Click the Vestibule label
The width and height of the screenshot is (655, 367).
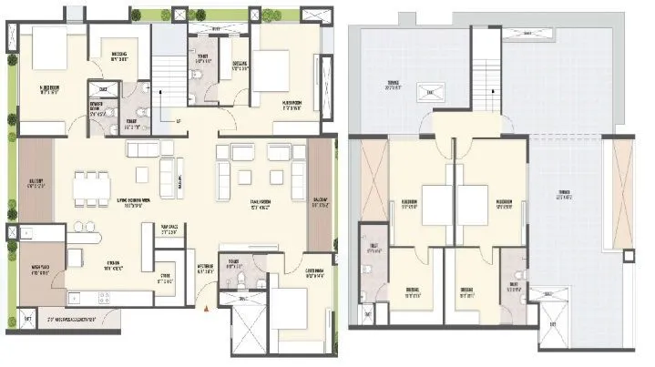(206, 270)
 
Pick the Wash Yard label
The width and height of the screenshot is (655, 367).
(37, 269)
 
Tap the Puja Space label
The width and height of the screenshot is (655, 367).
(168, 229)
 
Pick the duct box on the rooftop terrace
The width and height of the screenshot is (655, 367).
(425, 89)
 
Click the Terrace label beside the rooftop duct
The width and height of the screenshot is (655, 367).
(394, 88)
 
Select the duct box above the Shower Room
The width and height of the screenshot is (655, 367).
(102, 90)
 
